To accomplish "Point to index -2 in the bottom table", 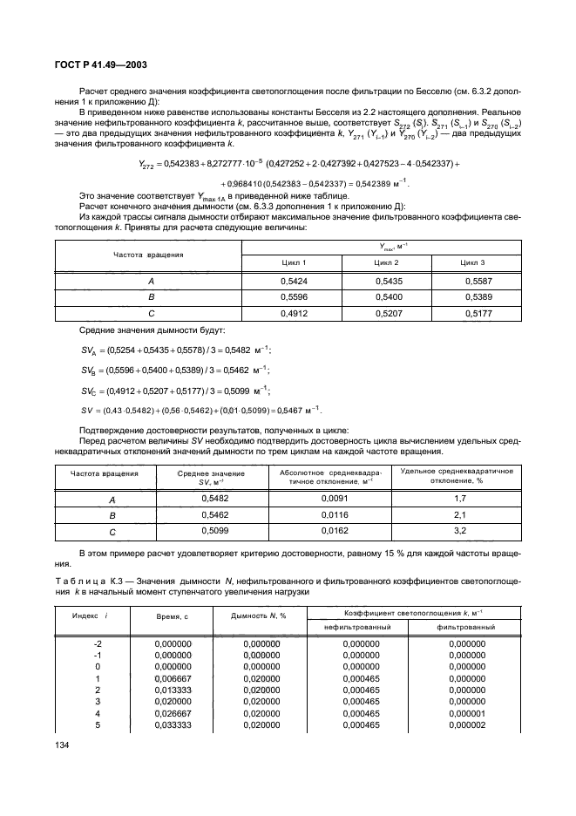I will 97,643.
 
